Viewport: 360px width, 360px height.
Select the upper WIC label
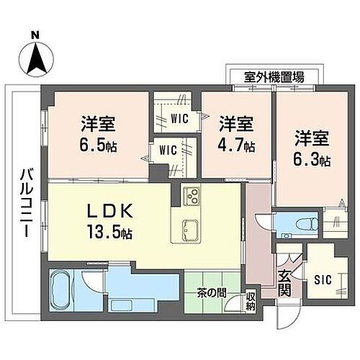179,120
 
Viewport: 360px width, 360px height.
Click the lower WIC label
168,150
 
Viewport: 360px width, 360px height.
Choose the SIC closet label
323,279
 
